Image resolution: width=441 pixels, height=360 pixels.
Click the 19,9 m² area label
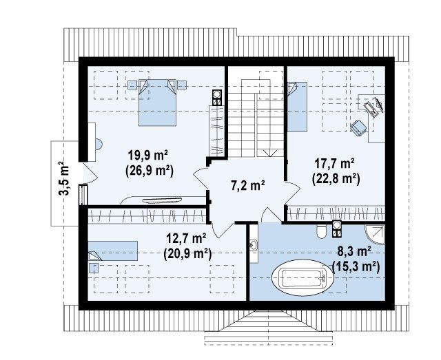click(148, 155)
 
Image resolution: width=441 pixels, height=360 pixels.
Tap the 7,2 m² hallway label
click(248, 185)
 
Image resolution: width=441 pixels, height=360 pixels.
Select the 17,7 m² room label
click(334, 164)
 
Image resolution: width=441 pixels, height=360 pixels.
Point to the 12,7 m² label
click(187, 239)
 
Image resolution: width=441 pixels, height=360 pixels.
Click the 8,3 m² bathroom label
click(353, 251)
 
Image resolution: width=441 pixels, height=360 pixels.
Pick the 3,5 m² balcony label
click(63, 178)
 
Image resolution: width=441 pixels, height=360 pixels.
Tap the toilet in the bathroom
click(321, 231)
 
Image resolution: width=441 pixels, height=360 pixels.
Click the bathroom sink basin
click(254, 245)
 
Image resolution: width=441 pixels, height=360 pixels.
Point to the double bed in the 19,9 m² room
click(157, 103)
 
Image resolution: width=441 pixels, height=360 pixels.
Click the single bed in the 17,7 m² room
click(297, 107)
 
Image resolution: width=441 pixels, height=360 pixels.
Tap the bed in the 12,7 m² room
click(113, 251)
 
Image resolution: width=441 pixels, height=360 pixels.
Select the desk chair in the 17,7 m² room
click(358, 127)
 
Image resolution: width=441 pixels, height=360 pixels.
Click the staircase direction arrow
click(270, 153)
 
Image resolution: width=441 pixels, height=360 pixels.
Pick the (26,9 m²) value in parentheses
click(149, 170)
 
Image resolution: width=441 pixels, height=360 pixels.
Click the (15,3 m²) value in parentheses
click(356, 266)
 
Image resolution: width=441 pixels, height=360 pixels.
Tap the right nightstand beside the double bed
click(182, 85)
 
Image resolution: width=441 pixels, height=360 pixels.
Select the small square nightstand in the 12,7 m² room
click(94, 268)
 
